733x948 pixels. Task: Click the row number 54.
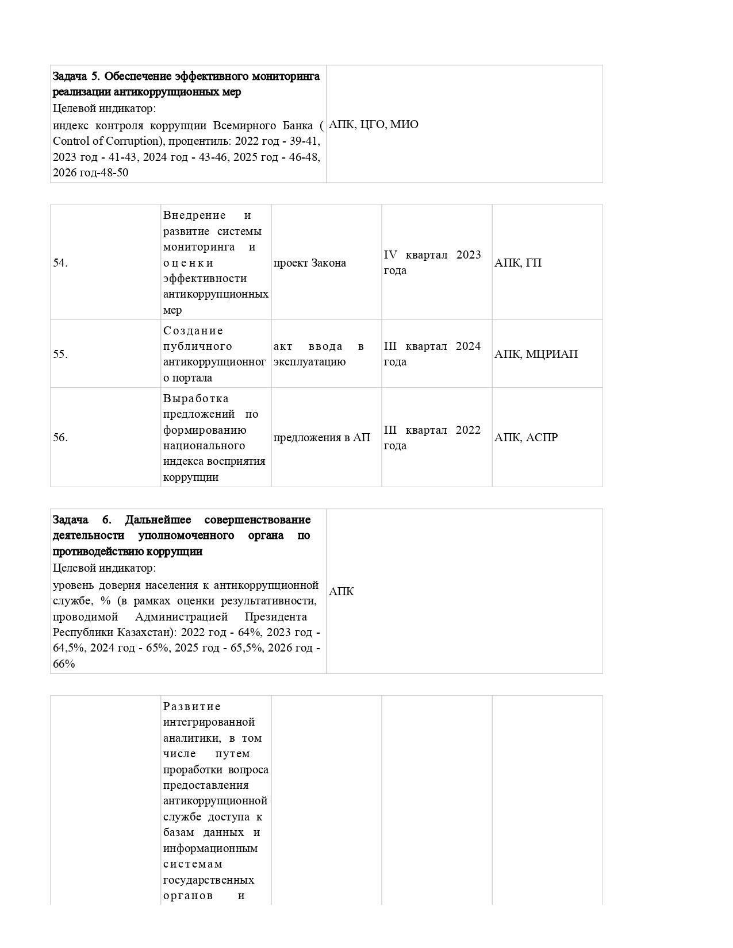(x=60, y=263)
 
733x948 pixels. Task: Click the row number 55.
(x=60, y=354)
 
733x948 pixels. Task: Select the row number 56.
(x=60, y=437)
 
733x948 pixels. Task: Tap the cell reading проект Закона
(x=310, y=263)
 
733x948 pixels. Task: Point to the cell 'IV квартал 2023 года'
(x=432, y=263)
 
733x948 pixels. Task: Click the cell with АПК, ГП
(x=518, y=263)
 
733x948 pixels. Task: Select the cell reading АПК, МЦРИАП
(x=536, y=354)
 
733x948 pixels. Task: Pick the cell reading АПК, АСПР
(x=526, y=437)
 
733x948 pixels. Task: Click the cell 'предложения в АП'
(x=322, y=437)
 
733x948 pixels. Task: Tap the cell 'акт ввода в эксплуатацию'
(x=318, y=354)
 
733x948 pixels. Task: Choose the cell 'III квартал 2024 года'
(x=432, y=354)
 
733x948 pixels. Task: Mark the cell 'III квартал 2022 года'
(x=432, y=437)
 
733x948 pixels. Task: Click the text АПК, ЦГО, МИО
(x=374, y=124)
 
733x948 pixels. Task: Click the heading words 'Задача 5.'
(x=76, y=76)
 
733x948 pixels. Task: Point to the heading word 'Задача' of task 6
(x=70, y=519)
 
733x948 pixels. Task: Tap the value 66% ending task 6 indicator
(x=64, y=664)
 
